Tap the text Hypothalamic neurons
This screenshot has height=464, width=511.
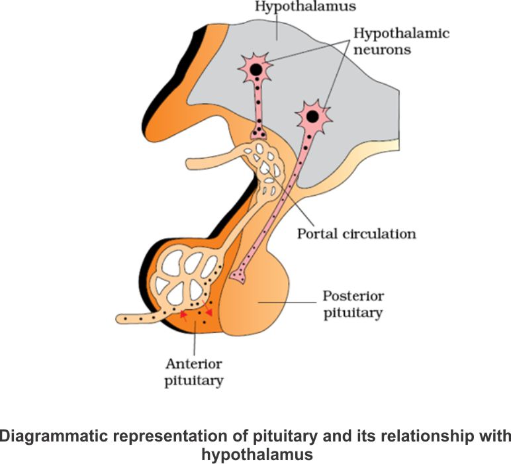pyautogui.click(x=401, y=41)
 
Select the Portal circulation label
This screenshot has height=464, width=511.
pyautogui.click(x=356, y=234)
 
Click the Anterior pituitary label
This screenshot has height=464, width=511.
pyautogui.click(x=195, y=372)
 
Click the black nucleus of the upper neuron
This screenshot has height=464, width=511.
pyautogui.click(x=255, y=69)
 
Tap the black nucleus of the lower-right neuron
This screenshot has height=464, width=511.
pyautogui.click(x=312, y=117)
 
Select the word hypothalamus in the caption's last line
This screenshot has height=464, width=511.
pyautogui.click(x=256, y=455)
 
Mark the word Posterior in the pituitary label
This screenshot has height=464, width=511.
pyautogui.click(x=353, y=296)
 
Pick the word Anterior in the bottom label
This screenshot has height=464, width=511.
pyautogui.click(x=194, y=364)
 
